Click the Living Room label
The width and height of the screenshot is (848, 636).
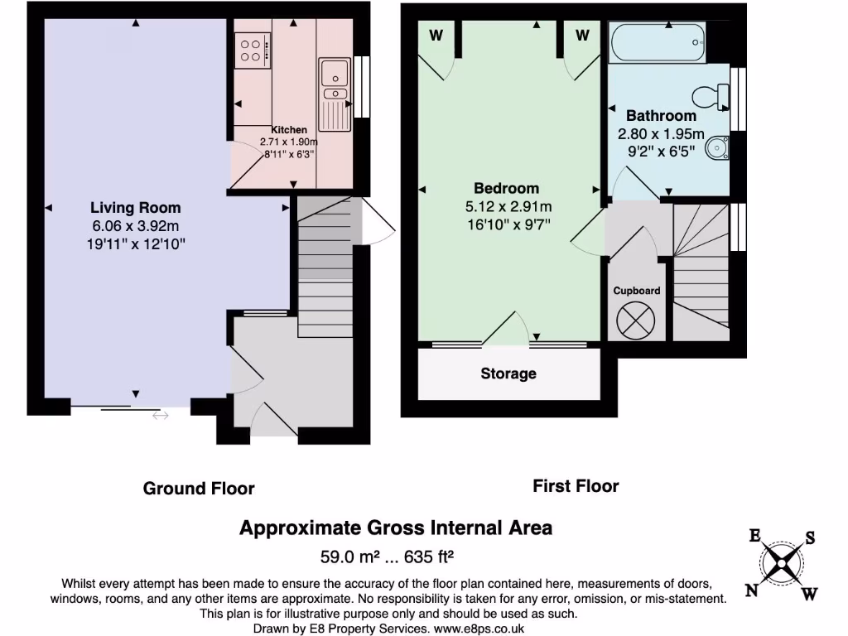(135, 208)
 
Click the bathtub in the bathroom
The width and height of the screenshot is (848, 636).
(658, 42)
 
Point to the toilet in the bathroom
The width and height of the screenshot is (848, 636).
(708, 98)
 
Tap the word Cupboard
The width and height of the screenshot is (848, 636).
(637, 291)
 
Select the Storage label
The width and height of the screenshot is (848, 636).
(508, 373)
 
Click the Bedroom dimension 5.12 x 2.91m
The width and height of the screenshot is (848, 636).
(506, 206)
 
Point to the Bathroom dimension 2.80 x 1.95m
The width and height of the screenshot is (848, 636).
(661, 134)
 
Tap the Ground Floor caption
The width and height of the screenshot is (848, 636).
(199, 488)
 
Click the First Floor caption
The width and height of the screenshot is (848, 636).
(576, 486)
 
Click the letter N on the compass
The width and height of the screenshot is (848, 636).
(752, 590)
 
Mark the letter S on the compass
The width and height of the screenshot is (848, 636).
(810, 538)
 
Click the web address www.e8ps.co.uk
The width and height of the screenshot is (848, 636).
(478, 629)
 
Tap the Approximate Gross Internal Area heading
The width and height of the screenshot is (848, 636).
(395, 528)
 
